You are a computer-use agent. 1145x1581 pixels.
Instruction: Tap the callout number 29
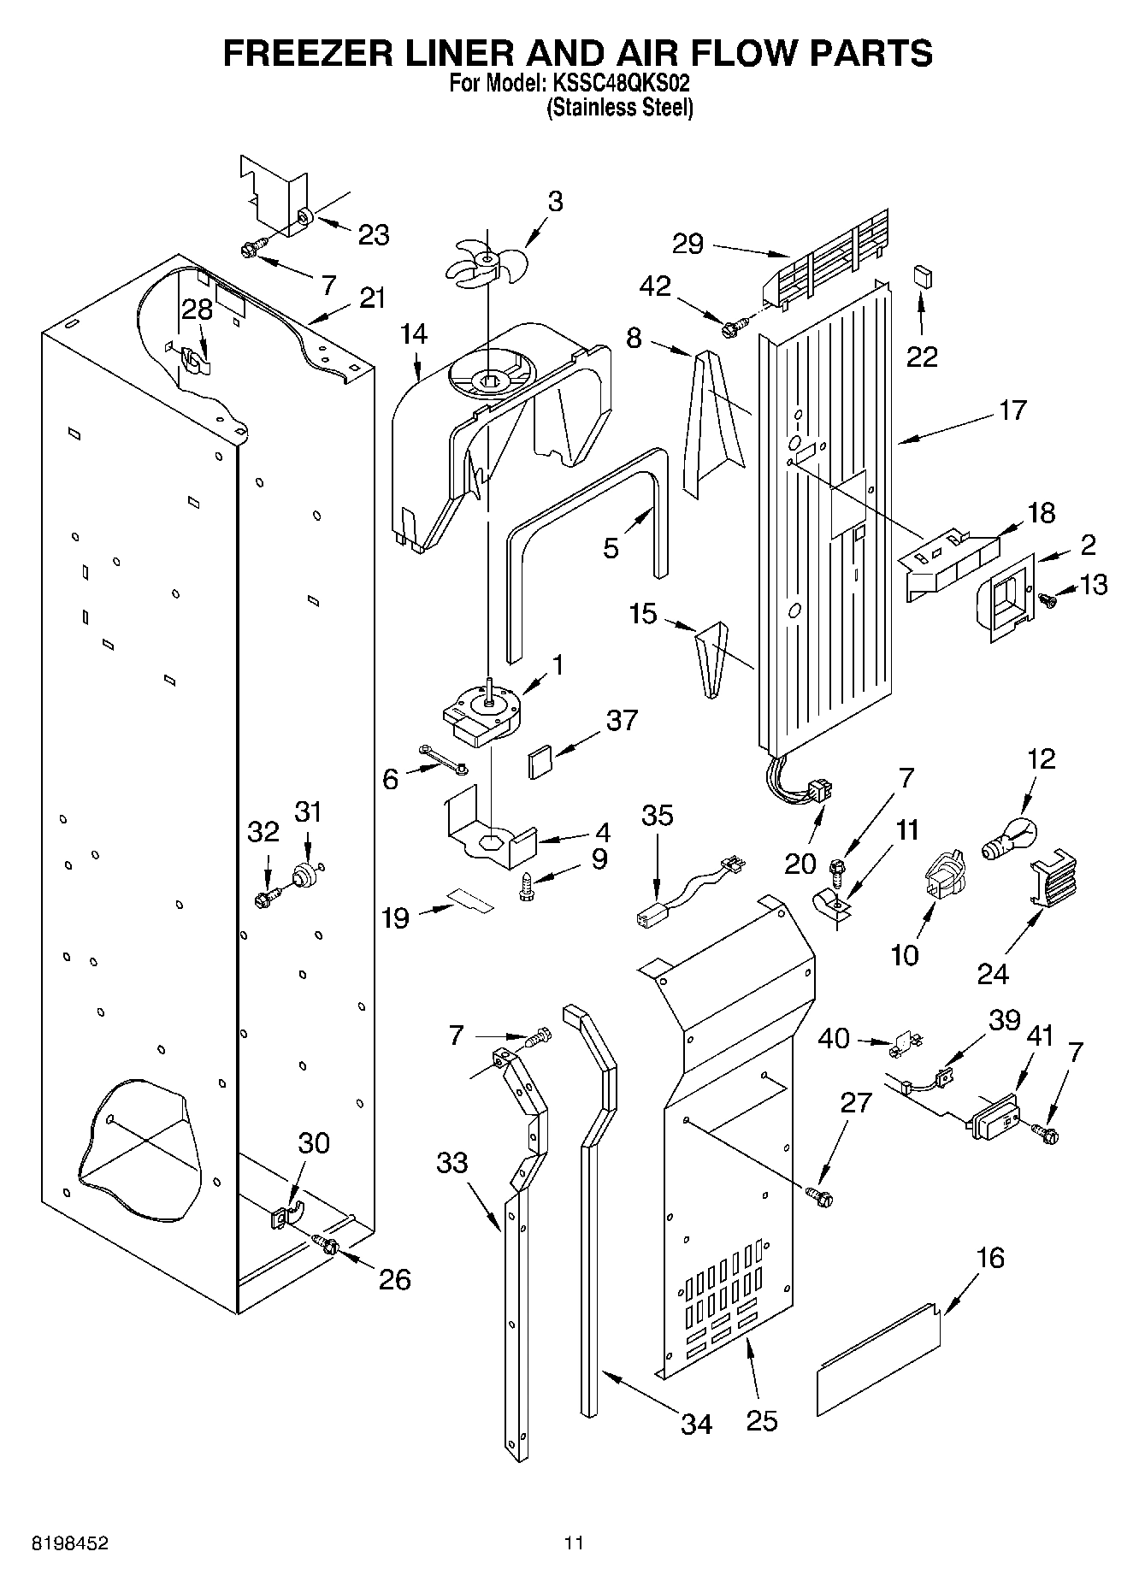point(688,245)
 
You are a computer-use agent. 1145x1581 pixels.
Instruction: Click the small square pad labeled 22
point(923,276)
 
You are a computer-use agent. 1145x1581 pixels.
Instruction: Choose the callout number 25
point(761,1420)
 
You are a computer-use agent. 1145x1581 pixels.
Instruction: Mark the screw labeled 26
point(328,1244)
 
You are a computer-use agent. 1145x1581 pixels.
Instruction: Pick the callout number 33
point(452,1163)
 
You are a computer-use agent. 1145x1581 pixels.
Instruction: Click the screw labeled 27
point(819,1197)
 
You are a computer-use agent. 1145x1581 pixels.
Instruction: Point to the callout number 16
point(990,1258)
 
